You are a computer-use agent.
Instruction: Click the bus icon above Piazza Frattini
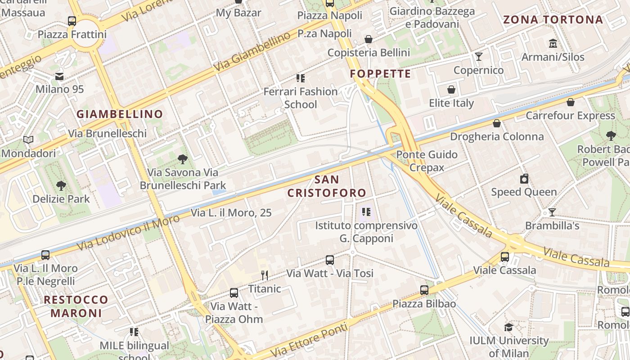tap(72, 21)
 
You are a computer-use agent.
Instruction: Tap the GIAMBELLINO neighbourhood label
tap(120, 114)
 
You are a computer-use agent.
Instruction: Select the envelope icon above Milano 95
tap(59, 76)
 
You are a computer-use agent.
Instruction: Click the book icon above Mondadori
tap(28, 140)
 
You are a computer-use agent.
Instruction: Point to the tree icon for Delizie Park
tap(61, 185)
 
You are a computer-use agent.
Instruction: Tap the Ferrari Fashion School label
tap(300, 98)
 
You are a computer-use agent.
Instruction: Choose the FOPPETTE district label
tap(380, 74)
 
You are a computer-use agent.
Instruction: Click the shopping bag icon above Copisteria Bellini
tap(369, 39)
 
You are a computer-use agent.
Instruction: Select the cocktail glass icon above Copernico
tap(478, 57)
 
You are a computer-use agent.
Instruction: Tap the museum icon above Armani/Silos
tap(553, 44)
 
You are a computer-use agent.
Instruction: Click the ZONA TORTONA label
tap(553, 19)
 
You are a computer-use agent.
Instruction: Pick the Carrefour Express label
tap(570, 116)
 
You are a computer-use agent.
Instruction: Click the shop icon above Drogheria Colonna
tap(497, 123)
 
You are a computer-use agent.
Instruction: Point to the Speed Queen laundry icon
tap(524, 179)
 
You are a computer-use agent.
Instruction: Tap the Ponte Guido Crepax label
tap(427, 161)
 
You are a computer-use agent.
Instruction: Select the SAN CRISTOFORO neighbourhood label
tap(327, 186)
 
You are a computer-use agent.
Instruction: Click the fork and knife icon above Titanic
tap(265, 275)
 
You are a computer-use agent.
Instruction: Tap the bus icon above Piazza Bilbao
tap(424, 290)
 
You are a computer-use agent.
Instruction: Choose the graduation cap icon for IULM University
tap(508, 327)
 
